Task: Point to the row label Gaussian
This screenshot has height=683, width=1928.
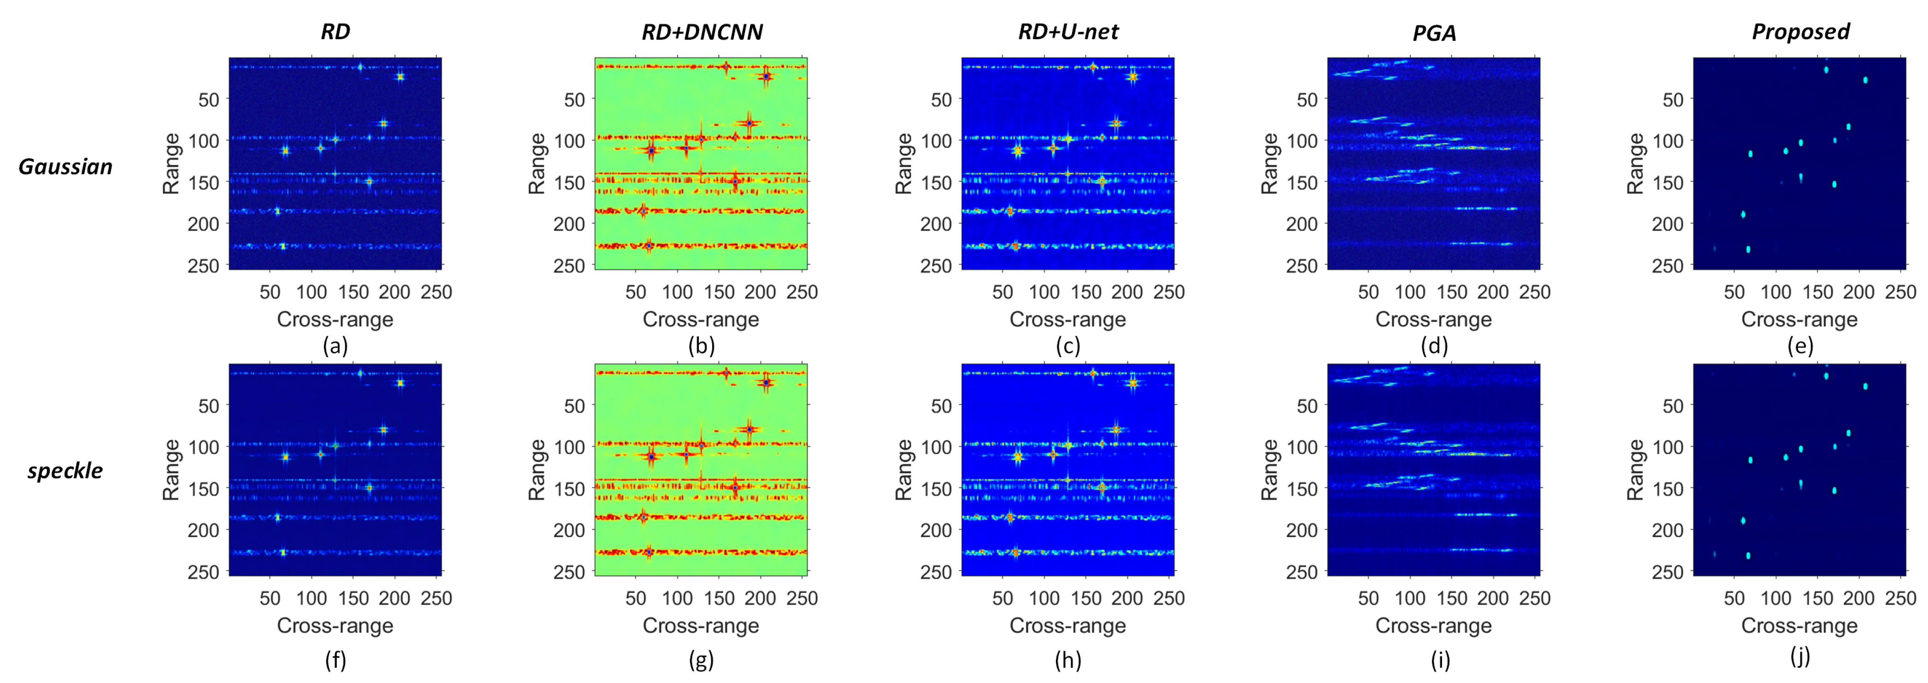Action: [x=65, y=166]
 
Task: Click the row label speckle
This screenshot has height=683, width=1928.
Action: [x=65, y=470]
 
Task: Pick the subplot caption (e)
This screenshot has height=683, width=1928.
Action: [x=1799, y=346]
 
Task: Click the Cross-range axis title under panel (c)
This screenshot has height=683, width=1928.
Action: [x=1067, y=319]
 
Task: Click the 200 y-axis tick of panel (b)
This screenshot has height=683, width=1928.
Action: [x=569, y=224]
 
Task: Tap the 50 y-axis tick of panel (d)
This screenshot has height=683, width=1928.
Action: [x=1307, y=99]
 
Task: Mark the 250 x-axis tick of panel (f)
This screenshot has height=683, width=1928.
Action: [x=436, y=598]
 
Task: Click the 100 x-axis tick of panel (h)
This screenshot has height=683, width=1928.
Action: [x=1044, y=598]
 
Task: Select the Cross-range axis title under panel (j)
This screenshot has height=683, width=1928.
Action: [x=1799, y=625]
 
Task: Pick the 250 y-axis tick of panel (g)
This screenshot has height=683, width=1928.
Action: [x=569, y=572]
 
